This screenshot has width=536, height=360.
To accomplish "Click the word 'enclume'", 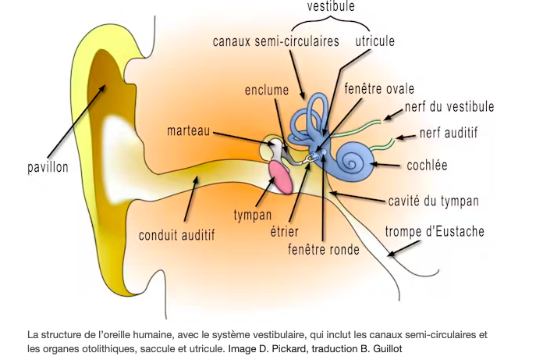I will pos(267,90).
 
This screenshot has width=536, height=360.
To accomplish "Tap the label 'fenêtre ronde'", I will pos(324,250).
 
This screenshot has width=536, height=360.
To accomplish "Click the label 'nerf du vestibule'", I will pos(449,107).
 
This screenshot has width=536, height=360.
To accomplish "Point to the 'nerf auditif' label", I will pos(449,134).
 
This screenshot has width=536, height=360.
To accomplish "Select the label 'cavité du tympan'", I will pos(433,201).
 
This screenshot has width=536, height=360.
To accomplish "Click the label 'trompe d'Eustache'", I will pos(435,231).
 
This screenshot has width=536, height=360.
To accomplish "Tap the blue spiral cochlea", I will pos(358,162).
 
